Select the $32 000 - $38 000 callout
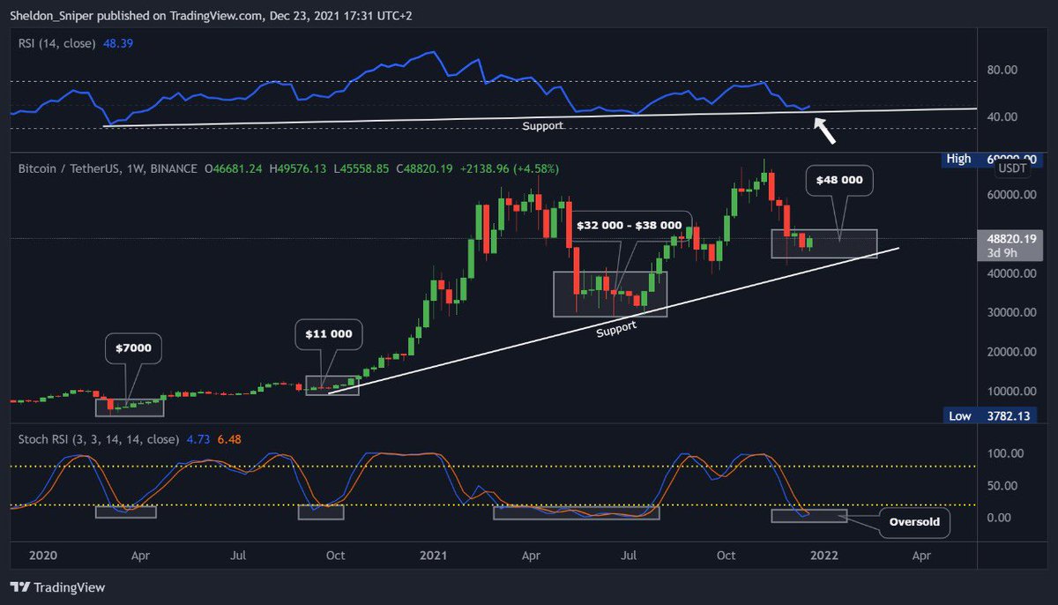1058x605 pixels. pos(629,225)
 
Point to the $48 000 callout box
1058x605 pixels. pos(838,180)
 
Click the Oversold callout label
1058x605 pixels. pos(913,521)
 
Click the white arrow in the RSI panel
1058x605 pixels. pos(823,131)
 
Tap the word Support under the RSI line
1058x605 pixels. pos(542,126)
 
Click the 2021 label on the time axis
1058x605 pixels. pos(433,556)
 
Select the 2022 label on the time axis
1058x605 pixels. pos(823,556)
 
